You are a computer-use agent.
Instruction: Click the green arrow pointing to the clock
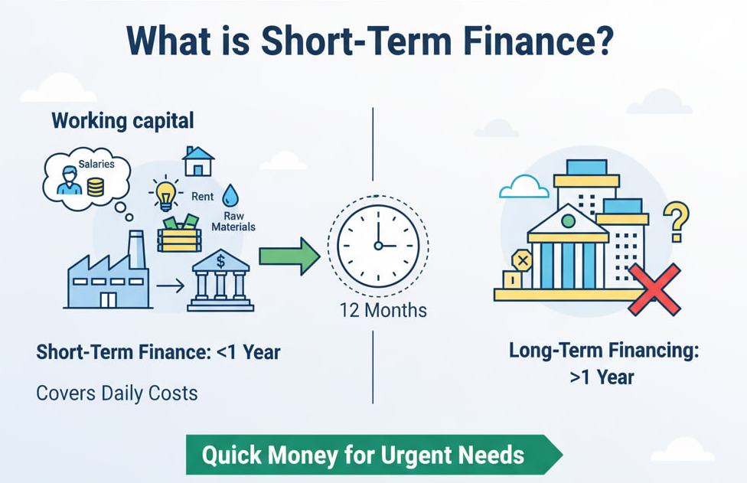click(289, 256)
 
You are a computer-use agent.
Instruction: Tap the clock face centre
click(378, 246)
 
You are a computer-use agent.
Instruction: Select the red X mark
click(654, 289)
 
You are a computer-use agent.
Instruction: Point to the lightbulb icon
click(165, 194)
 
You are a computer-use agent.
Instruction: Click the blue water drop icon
click(230, 195)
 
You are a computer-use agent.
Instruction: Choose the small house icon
click(198, 161)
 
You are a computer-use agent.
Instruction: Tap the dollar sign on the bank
click(220, 261)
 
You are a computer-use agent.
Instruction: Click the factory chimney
click(137, 250)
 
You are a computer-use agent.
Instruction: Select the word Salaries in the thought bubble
click(96, 164)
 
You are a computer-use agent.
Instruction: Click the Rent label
click(203, 196)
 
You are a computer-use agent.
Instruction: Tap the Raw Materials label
click(233, 221)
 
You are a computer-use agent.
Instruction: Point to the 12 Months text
click(383, 311)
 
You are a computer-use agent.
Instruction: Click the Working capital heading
click(123, 120)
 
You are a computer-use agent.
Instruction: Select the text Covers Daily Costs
click(116, 393)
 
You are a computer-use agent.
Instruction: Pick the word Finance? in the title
click(538, 41)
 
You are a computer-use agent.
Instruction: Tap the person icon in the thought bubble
click(70, 181)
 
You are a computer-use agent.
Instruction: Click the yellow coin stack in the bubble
click(95, 187)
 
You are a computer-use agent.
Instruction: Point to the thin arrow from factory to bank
click(170, 286)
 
